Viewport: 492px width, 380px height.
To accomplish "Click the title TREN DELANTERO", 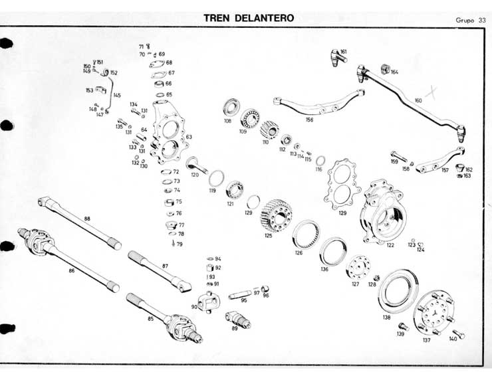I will click(248, 17).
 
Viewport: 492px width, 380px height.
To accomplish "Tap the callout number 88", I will click(86, 219).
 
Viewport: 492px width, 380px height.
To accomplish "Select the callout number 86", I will click(71, 271).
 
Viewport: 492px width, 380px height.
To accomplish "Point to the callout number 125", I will click(268, 235).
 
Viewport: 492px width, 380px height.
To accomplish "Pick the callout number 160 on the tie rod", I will click(418, 100).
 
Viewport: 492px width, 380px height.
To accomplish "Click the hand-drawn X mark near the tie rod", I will click(436, 92).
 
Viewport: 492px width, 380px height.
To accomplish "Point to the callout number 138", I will click(386, 318).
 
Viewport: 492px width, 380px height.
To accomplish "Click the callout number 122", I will click(390, 245).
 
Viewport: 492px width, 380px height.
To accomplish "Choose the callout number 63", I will click(189, 137).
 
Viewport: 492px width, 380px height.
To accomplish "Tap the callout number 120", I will click(195, 175).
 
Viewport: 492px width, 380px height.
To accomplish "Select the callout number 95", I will click(244, 300).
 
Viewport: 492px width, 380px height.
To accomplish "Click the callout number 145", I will click(117, 96).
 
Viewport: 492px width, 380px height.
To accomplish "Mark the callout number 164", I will click(394, 72).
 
